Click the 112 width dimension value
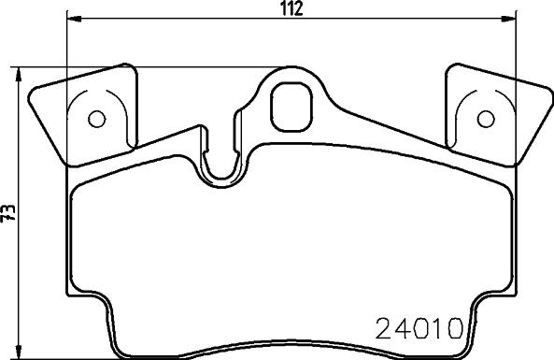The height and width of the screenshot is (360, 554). [x=292, y=8]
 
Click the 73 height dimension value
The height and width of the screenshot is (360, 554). [x=8, y=213]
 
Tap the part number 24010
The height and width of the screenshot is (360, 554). [x=419, y=328]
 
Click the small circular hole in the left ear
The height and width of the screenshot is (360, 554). [x=97, y=119]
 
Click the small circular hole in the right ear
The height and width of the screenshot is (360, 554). [x=486, y=119]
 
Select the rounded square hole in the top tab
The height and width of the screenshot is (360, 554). [x=291, y=107]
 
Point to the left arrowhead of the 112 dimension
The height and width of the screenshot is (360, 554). [x=74, y=19]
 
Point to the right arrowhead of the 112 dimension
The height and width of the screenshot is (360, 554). [x=509, y=19]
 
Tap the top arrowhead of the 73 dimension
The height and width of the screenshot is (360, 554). [x=19, y=75]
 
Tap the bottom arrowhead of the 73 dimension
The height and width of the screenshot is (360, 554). [x=19, y=352]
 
